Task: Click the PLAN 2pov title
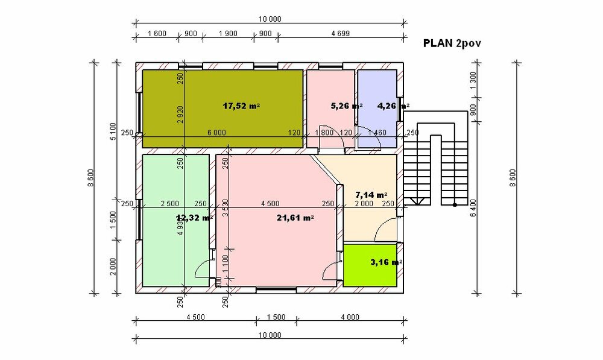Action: pos(452,44)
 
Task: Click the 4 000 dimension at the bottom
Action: pos(350,317)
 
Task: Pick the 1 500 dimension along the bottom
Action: pos(276,317)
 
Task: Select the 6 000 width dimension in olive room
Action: pos(217,133)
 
